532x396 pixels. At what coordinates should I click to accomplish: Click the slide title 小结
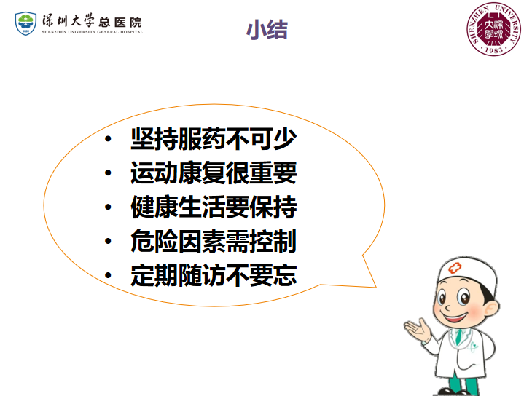[x=267, y=30]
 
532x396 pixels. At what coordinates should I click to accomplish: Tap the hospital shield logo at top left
[x=26, y=23]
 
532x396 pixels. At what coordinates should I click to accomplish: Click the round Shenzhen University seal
[x=493, y=29]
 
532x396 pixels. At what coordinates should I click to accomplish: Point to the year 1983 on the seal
[x=493, y=49]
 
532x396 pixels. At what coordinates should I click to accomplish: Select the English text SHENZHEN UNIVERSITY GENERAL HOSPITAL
[x=93, y=32]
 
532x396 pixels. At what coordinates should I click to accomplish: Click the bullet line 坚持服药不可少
[x=214, y=138]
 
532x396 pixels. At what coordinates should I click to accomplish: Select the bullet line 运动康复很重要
[x=214, y=173]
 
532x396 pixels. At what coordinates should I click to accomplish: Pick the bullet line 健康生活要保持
[x=214, y=207]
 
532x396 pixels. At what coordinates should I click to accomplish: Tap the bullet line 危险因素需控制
[x=214, y=241]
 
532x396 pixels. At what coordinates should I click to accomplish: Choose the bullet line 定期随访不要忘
[x=214, y=275]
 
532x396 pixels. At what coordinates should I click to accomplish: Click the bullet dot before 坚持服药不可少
[x=108, y=138]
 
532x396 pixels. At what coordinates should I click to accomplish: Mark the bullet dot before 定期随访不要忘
[x=108, y=275]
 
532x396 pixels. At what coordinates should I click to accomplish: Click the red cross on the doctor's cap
[x=455, y=268]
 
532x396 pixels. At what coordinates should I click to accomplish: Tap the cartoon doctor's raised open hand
[x=417, y=328]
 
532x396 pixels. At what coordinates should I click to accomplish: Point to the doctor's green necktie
[x=458, y=336]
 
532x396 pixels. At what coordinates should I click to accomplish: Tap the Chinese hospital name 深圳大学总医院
[x=92, y=21]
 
